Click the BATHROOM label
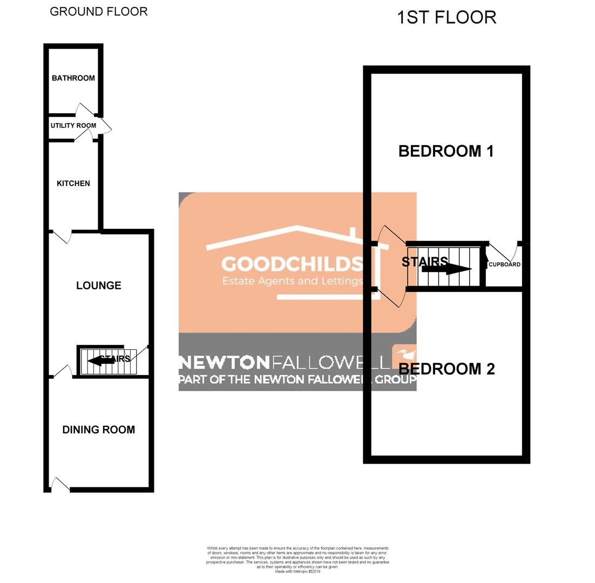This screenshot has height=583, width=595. pos(73,78)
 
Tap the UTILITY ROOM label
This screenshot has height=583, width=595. pos(73,126)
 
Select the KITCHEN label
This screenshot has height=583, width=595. pos(73,184)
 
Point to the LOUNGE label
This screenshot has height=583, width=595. pos(99,286)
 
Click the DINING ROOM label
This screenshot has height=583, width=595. pos(99,430)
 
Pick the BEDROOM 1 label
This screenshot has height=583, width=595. pos(446,151)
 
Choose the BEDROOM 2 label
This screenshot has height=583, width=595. pos(447,369)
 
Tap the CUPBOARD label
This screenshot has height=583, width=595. pos(504,265)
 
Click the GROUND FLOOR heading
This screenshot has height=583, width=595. pos(99,11)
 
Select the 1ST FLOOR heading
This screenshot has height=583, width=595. pos(447,17)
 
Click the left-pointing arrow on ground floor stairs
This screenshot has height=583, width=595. pos(100,361)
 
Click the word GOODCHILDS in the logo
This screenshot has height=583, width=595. pos(292,264)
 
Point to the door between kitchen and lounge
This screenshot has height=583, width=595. pos(62,237)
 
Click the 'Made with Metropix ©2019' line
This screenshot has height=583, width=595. pos(297,572)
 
